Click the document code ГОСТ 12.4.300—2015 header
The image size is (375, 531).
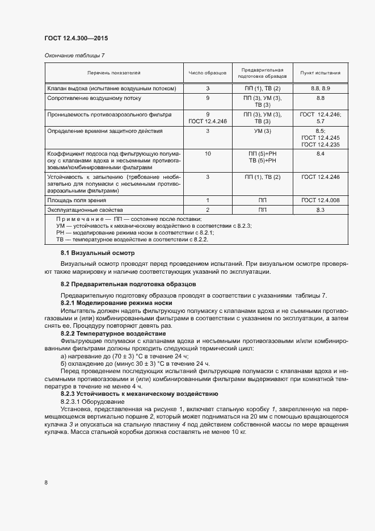75,39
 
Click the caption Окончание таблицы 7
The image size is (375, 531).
74,55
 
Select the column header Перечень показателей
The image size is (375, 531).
113,73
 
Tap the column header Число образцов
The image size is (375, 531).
208,73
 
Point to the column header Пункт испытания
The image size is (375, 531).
321,73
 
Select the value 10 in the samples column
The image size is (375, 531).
208,154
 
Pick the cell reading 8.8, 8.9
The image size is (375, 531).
321,89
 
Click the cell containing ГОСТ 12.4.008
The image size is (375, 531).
321,200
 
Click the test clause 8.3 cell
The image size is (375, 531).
321,210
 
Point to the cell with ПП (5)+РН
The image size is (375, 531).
262,154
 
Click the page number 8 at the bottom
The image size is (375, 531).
46,483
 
